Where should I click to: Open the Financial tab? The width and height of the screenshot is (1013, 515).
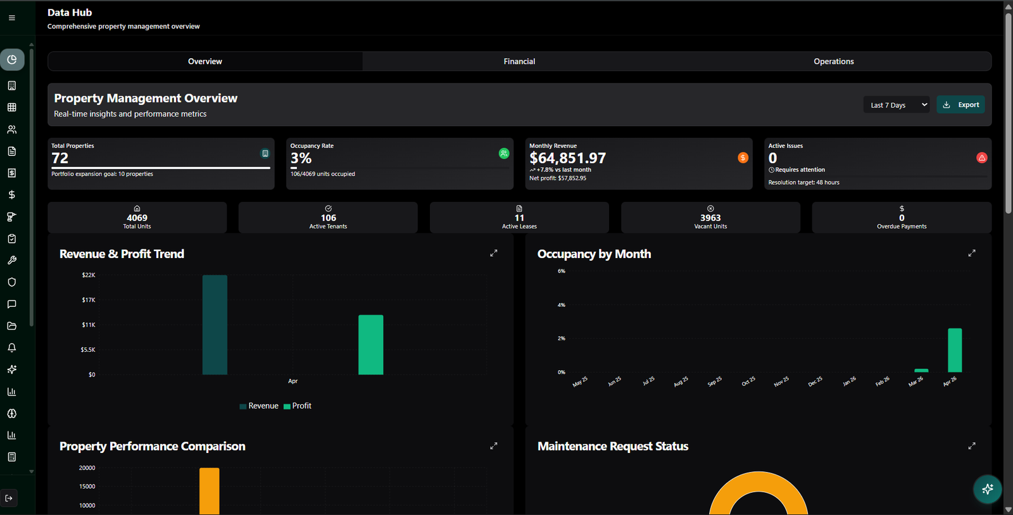coord(519,61)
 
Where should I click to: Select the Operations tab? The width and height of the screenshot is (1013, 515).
coord(833,61)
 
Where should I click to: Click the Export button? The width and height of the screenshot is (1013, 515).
coord(960,105)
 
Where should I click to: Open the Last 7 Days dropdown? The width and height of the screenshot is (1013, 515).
coord(897,105)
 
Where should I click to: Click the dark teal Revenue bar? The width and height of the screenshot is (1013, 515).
coord(215,325)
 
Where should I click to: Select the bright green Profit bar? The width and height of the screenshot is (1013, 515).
coord(371,345)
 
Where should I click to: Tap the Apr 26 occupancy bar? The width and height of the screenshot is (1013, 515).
coord(955,350)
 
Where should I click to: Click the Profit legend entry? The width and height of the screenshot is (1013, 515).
coord(297,406)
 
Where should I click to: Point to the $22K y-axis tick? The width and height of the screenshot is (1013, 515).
coord(89,275)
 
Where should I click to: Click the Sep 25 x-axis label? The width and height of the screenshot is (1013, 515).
coord(715,382)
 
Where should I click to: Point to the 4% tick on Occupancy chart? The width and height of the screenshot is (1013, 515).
coord(561,305)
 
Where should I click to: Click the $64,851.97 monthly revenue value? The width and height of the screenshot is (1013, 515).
coord(567,158)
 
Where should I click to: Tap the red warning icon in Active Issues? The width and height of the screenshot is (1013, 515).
coord(982,158)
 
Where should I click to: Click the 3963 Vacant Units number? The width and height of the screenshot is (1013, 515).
coord(710,218)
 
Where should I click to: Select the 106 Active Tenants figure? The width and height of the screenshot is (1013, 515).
coord(329,218)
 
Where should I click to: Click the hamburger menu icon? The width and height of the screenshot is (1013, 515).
coord(12,18)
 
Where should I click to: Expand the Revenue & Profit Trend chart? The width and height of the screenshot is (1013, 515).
coord(494,253)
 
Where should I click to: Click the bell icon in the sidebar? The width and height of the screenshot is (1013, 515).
coord(12,347)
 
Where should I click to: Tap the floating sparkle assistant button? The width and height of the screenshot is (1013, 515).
coord(987,489)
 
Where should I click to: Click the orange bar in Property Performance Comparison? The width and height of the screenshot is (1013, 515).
coord(210,491)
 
